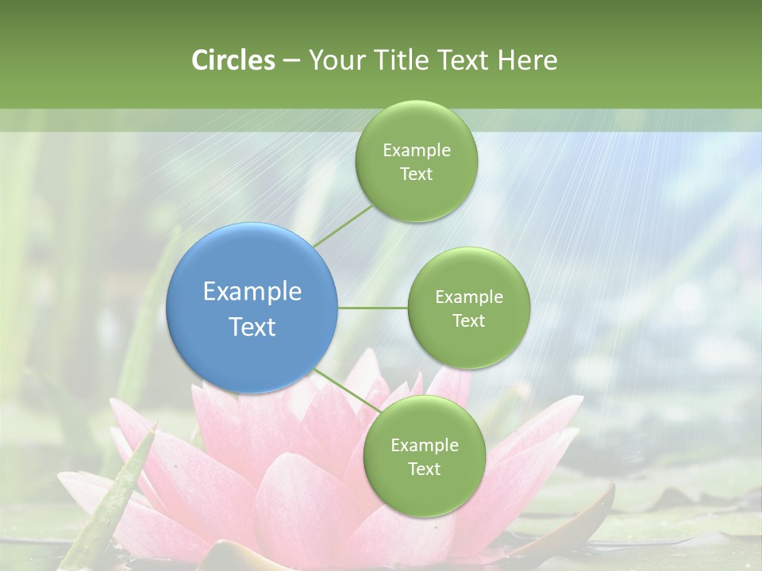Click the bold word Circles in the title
233,60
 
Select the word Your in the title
333,60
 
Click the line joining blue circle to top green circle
343,226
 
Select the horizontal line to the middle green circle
373,308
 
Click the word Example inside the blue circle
252,291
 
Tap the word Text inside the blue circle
252,327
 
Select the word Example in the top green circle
416,151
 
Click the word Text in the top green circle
416,174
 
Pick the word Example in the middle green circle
468,297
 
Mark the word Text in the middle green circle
468,321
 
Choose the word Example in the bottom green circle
424,446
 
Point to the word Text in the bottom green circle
424,469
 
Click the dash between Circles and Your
291,61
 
